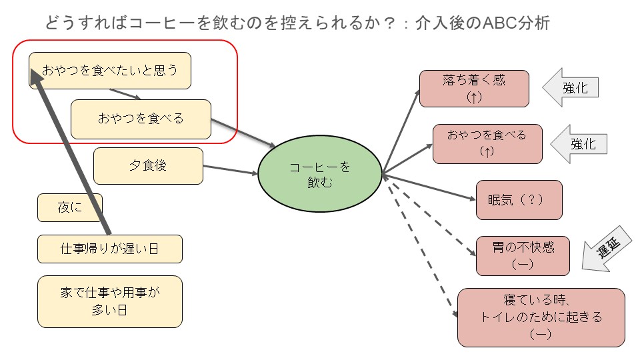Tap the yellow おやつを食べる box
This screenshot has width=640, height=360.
point(141,119)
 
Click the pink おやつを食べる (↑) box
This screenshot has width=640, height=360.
point(487,143)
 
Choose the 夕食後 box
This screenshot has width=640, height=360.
point(148,165)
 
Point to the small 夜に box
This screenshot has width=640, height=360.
point(69,207)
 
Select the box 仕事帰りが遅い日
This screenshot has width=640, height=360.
point(109,249)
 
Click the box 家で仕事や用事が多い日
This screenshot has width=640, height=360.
point(109,301)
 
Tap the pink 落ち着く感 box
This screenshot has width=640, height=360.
point(473,88)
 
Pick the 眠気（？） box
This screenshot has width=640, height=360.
point(519,199)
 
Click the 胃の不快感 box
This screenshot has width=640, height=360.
point(522,255)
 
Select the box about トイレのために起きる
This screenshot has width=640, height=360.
point(541,317)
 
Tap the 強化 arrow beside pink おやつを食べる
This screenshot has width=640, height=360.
point(579,143)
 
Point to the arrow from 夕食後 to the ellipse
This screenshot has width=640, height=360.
point(230,170)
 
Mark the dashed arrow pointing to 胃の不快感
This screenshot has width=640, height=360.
point(430,217)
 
